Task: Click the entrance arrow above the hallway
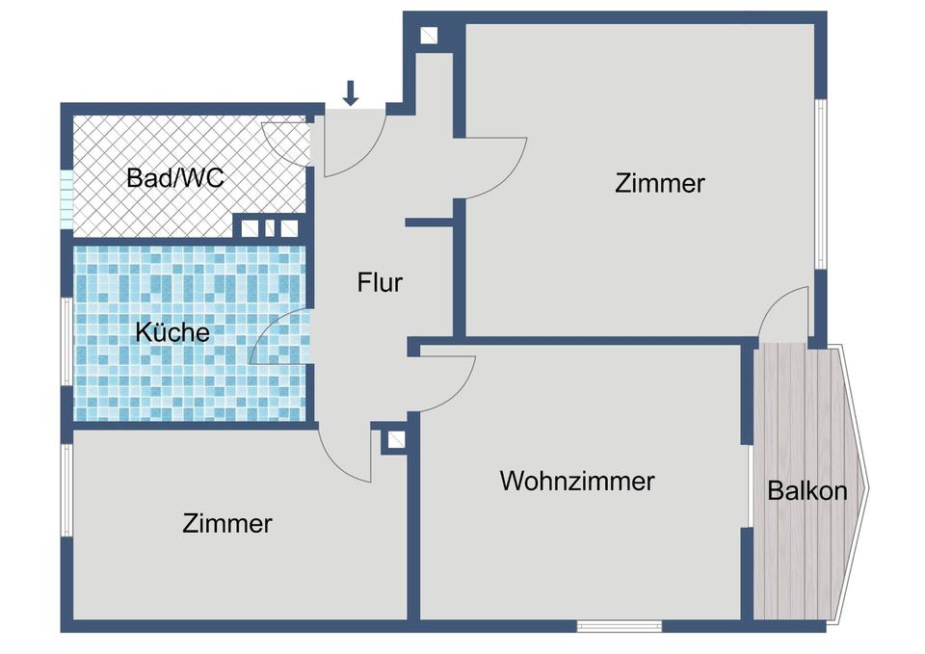coord(351,92)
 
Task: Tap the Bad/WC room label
coord(175,178)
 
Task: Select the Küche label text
coord(172,332)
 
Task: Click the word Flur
coord(380,283)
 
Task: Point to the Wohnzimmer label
coord(577,481)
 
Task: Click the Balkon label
coord(807,491)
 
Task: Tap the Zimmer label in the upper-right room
coord(660,183)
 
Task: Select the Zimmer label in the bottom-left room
coord(227,524)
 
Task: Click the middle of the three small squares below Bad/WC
coord(270,228)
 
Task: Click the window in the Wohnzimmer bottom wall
coord(620,626)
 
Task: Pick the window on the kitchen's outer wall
coord(66,342)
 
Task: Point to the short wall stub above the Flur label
coord(429,222)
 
